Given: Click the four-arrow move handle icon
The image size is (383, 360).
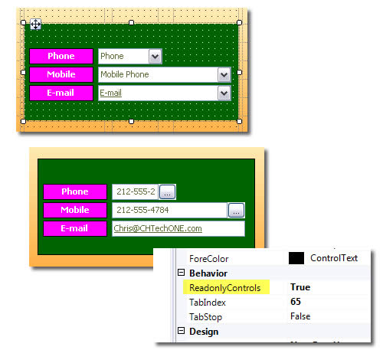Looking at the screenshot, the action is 35,25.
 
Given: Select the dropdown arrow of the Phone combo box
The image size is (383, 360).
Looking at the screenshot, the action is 155,56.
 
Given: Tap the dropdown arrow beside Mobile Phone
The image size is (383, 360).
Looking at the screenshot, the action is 224,75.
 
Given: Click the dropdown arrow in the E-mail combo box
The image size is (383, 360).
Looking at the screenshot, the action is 224,93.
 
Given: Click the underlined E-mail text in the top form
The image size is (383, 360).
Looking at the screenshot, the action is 110,93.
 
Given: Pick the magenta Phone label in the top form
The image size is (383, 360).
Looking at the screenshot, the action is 61,56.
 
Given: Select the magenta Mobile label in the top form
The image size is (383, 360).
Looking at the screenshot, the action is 61,74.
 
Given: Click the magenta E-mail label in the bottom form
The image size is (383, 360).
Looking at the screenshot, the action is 75,228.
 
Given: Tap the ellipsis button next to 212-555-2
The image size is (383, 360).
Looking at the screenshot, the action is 167,191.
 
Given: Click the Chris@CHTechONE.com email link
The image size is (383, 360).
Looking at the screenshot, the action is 158,228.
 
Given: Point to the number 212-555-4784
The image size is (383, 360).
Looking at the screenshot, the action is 142,210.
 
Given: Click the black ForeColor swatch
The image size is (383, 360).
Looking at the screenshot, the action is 296,258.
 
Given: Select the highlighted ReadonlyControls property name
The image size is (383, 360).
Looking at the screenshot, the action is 225,288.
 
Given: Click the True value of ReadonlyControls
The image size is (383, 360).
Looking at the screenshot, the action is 300,287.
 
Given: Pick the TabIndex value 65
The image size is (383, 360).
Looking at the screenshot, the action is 296,302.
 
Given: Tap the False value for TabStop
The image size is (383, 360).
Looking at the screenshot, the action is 300,316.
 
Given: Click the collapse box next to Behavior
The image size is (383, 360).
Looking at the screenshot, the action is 181,273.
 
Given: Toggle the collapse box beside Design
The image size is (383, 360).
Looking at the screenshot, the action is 181,331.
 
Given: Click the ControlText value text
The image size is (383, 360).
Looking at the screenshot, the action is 334,258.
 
